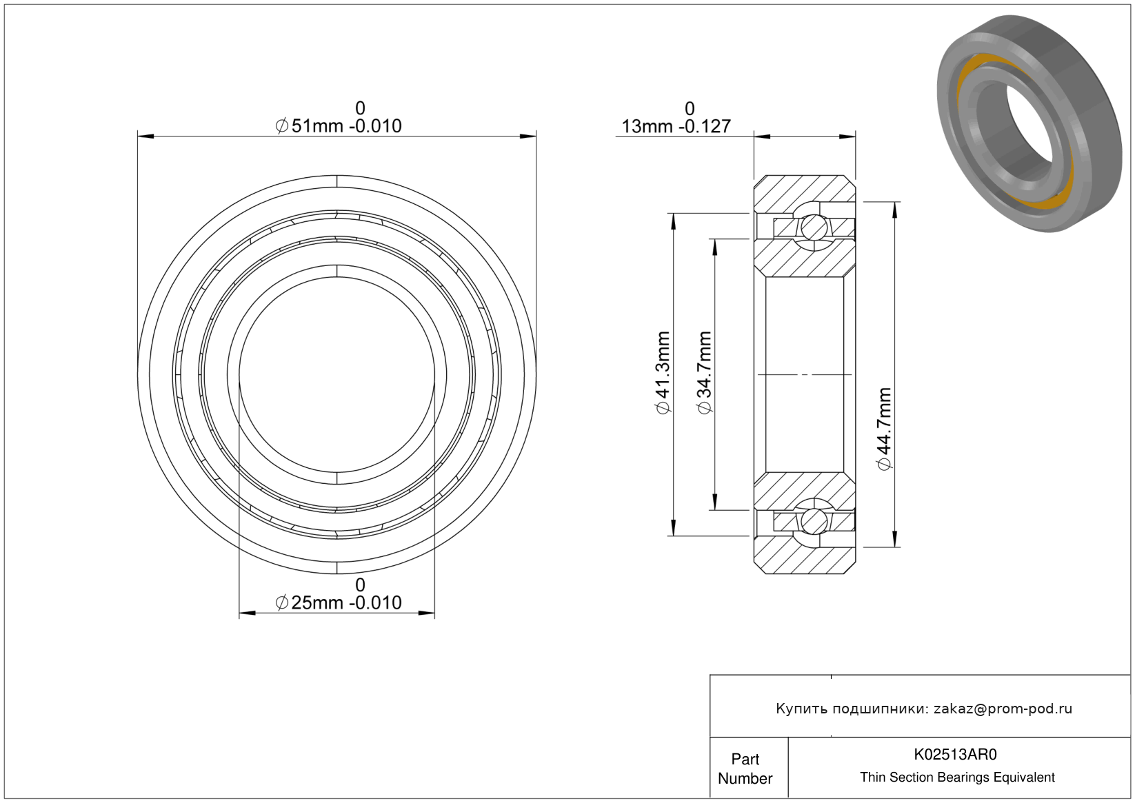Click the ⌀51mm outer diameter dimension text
tap(338, 125)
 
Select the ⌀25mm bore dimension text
tap(338, 602)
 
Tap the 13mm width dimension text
tap(676, 126)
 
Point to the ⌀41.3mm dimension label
tap(663, 373)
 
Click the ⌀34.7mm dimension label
tap(704, 373)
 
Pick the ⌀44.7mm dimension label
tap(884, 429)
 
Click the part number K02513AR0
tap(955, 755)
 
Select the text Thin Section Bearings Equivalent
tap(957, 777)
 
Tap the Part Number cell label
tap(745, 769)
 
